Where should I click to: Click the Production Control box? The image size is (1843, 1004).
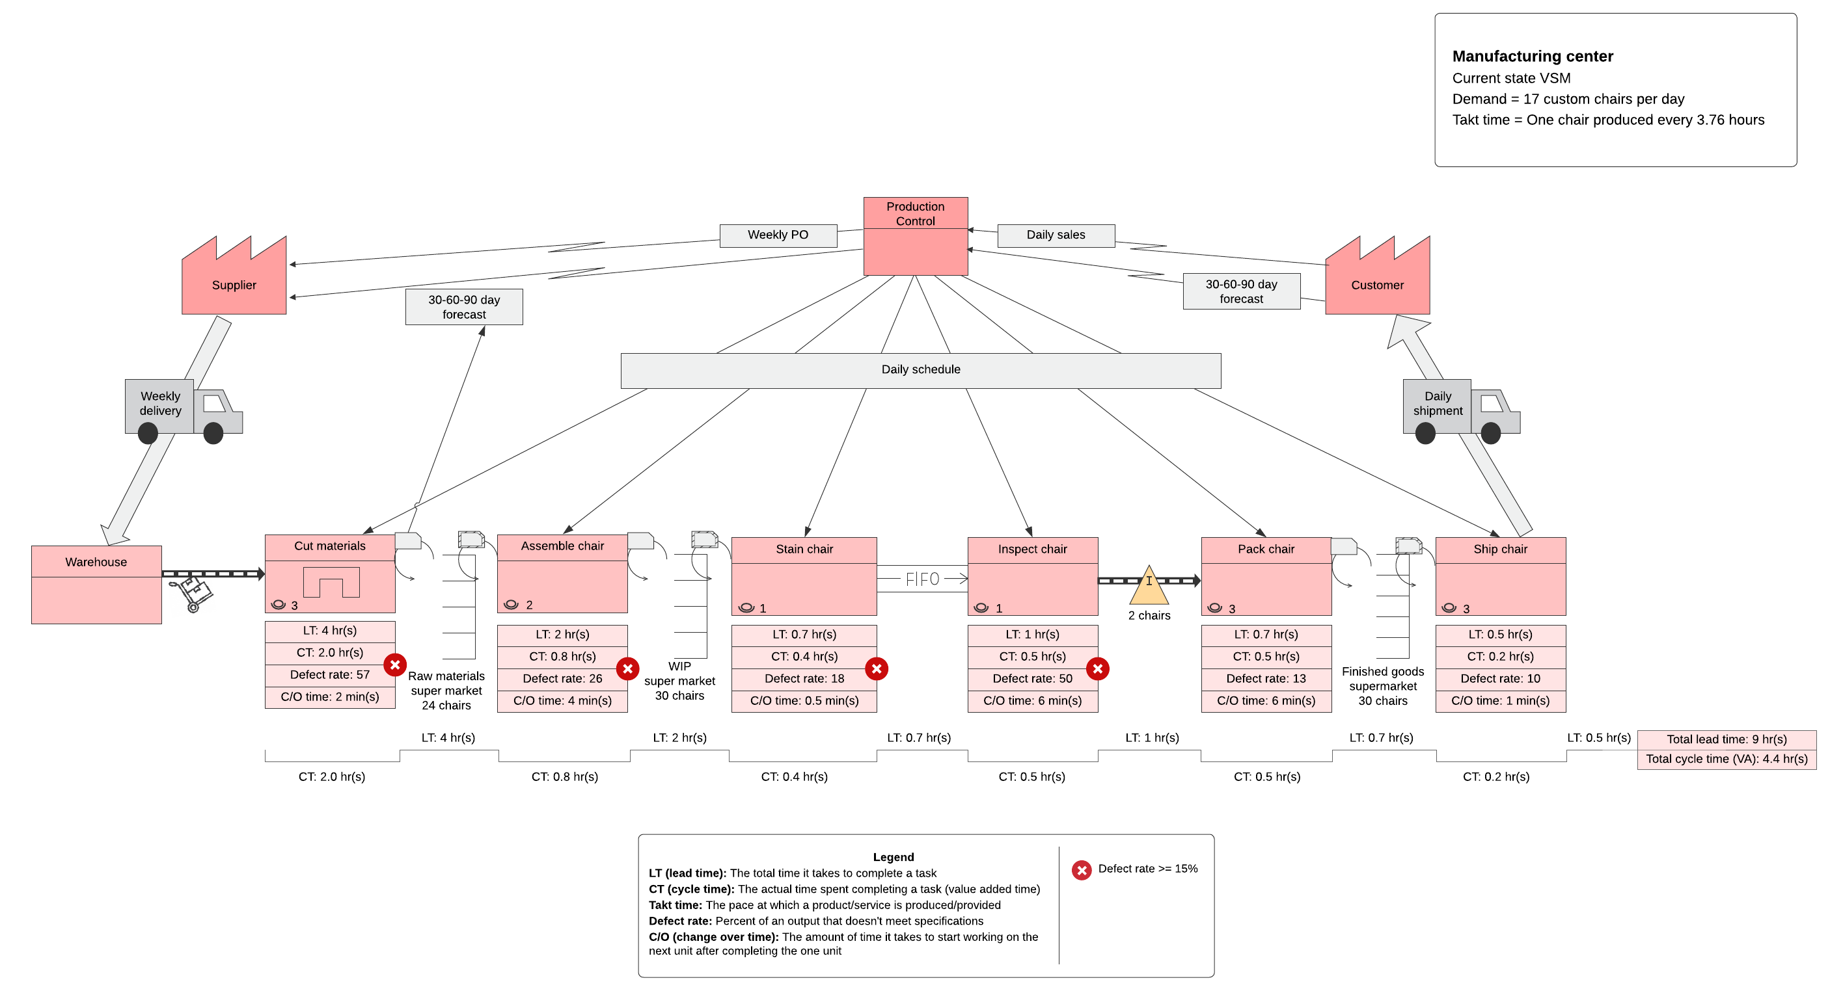pyautogui.click(x=915, y=236)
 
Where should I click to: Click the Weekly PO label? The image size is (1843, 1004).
pyautogui.click(x=778, y=235)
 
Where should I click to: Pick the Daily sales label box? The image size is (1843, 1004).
pyautogui.click(x=1056, y=235)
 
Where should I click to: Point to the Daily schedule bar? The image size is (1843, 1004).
pyautogui.click(x=920, y=370)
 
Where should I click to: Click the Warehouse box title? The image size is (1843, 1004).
pyautogui.click(x=96, y=562)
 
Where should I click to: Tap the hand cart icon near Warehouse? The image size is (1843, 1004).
pyautogui.click(x=191, y=594)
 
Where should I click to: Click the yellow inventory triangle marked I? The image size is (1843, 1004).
pyautogui.click(x=1149, y=587)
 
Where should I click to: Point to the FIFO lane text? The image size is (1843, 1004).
pyautogui.click(x=921, y=579)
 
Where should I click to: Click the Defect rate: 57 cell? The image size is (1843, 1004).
pyautogui.click(x=329, y=674)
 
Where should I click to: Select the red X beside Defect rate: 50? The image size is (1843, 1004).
pyautogui.click(x=1097, y=668)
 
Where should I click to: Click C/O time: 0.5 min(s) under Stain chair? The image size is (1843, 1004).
pyautogui.click(x=804, y=701)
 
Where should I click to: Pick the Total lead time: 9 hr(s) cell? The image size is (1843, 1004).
pyautogui.click(x=1726, y=739)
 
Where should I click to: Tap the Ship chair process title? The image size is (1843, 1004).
pyautogui.click(x=1499, y=549)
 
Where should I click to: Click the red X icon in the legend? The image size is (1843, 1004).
pyautogui.click(x=1081, y=869)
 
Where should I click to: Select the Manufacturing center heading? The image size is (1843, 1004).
pyautogui.click(x=1532, y=56)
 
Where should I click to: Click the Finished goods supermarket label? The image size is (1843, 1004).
pyautogui.click(x=1382, y=686)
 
